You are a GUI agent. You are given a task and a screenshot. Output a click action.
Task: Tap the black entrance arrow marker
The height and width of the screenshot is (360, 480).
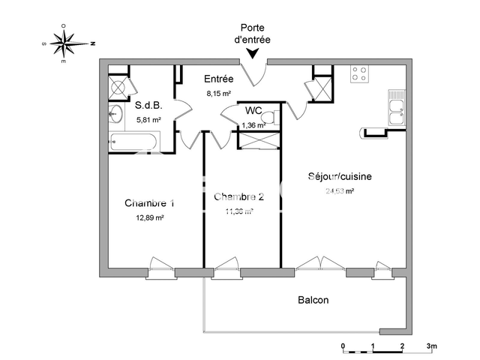click(253, 53)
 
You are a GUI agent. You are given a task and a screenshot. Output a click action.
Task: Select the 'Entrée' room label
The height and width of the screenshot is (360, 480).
click(219, 79)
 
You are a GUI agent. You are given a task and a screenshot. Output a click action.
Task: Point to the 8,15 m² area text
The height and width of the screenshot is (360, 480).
click(218, 94)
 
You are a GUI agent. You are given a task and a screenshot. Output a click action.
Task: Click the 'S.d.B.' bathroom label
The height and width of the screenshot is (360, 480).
click(148, 106)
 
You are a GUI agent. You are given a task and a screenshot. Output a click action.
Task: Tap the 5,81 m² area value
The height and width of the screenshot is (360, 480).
click(148, 119)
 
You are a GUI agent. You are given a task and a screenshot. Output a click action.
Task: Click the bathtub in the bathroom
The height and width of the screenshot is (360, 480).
click(133, 140)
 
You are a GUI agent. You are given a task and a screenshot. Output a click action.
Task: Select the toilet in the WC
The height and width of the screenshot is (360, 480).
click(275, 118)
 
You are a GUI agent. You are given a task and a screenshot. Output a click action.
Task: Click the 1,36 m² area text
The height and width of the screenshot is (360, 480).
click(253, 124)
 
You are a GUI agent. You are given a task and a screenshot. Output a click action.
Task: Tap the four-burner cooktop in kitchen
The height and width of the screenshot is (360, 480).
click(360, 74)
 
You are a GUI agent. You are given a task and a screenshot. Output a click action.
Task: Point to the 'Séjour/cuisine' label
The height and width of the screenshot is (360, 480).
click(339, 177)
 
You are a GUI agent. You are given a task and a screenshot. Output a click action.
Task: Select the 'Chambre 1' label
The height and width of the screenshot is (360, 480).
click(150, 203)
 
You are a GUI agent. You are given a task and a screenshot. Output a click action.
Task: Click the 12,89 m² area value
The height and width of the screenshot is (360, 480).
click(150, 217)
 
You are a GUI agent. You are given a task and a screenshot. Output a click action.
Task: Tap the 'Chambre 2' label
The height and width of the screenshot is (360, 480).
click(239, 197)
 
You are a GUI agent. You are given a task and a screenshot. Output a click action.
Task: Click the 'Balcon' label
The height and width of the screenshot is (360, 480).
click(313, 300)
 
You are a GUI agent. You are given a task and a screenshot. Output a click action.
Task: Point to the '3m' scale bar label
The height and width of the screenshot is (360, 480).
click(432, 346)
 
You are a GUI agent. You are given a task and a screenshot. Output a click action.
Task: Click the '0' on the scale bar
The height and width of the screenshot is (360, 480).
click(343, 346)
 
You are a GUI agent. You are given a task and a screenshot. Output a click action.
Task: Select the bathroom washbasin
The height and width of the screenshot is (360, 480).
click(116, 115)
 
